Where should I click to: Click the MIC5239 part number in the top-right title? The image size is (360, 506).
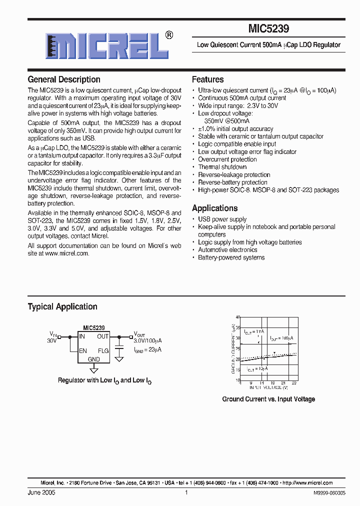[268, 29]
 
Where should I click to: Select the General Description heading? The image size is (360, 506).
[64, 79]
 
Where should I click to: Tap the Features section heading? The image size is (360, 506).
[207, 79]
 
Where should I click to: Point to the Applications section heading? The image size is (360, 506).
[214, 208]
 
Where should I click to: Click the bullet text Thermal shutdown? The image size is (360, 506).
[222, 167]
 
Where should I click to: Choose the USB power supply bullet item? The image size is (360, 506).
[222, 219]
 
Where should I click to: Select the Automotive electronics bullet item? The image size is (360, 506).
[227, 249]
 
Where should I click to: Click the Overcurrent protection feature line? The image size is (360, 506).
[227, 159]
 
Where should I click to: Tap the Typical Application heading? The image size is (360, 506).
[62, 306]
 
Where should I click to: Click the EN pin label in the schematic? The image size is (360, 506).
[83, 351]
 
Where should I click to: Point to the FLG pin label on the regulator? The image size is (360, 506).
[103, 351]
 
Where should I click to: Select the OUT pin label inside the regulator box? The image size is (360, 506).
[103, 336]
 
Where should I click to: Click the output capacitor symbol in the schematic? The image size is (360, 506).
[119, 346]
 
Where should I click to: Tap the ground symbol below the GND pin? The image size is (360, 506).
[93, 369]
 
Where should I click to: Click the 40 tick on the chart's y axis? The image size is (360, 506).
[238, 317]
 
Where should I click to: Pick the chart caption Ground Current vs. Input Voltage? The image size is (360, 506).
[268, 399]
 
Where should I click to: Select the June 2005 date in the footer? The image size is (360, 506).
[41, 492]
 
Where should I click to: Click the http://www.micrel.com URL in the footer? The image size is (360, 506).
[308, 483]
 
